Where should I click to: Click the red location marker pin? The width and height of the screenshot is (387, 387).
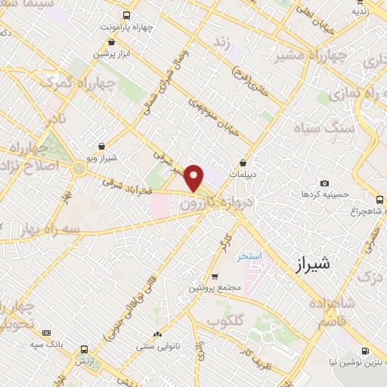[194, 177]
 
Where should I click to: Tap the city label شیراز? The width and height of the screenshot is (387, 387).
[311, 264]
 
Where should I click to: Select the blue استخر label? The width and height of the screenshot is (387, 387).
[249, 256]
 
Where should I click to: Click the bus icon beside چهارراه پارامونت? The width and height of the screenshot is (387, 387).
[125, 14]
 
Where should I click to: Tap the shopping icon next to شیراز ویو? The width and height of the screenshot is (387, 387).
[102, 146]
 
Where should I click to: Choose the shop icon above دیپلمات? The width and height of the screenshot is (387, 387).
[243, 163]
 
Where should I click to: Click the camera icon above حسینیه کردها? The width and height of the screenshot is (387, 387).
[325, 183]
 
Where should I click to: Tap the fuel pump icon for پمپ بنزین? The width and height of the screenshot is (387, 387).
[366, 351]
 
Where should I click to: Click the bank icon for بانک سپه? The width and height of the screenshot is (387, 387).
[47, 333]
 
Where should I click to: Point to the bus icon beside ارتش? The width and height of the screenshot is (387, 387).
[83, 349]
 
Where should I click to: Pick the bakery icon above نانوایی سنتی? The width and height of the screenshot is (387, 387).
[157, 335]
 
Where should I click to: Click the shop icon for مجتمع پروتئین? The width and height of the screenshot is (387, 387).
[215, 277]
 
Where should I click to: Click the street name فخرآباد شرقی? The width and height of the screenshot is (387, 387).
[126, 182]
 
